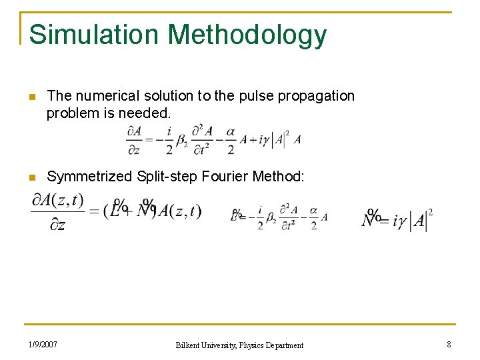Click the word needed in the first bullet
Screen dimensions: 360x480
148,113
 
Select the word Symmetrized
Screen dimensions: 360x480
89,177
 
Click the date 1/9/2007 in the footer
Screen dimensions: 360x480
43,345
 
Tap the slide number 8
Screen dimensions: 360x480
449,345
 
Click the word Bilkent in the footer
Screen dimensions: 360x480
189,345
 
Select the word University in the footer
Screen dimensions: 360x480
217,345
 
